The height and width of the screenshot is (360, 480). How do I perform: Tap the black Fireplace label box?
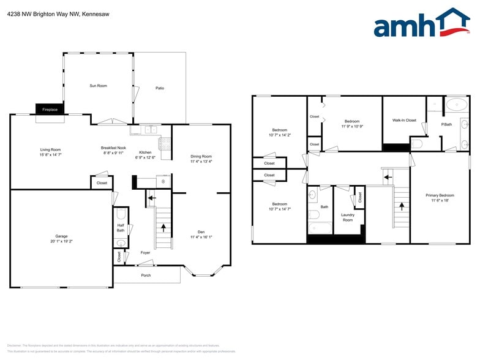click(x=50, y=109)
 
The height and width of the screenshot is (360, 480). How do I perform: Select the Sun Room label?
click(x=98, y=86)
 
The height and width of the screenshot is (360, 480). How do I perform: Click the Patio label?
click(x=159, y=88)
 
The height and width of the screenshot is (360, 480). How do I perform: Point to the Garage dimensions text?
click(x=61, y=241)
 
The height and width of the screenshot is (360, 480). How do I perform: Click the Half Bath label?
click(x=121, y=228)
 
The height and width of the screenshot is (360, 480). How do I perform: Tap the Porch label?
click(x=146, y=275)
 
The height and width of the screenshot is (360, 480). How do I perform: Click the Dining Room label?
click(x=201, y=156)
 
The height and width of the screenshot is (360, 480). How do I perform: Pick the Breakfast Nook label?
click(x=113, y=148)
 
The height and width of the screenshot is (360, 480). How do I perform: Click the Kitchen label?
click(x=145, y=152)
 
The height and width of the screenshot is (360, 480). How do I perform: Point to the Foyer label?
click(x=145, y=252)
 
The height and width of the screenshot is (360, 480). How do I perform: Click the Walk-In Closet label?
click(x=404, y=120)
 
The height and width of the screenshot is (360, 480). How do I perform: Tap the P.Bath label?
click(x=447, y=124)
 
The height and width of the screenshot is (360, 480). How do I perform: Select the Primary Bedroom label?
click(x=440, y=195)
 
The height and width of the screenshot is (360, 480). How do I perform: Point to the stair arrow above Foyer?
click(x=164, y=227)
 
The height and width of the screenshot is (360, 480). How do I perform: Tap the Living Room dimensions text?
click(x=51, y=155)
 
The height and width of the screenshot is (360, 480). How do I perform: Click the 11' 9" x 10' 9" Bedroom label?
click(x=352, y=126)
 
